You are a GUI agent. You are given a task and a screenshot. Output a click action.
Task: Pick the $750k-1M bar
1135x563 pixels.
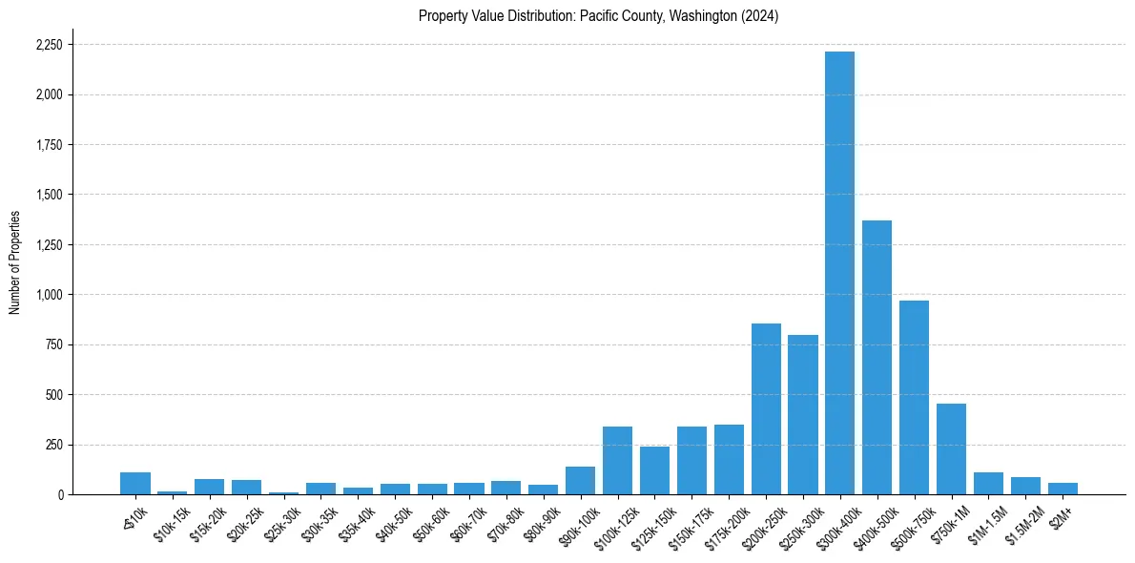(951, 448)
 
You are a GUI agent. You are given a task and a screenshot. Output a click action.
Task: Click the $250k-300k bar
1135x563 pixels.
(803, 414)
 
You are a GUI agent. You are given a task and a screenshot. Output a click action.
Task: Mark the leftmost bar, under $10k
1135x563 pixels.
(135, 483)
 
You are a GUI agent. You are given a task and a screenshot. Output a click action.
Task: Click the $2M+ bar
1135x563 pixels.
(1063, 489)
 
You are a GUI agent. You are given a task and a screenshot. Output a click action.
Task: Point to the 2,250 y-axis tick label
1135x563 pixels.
(49, 45)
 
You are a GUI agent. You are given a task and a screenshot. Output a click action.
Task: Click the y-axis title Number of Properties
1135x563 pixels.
(15, 262)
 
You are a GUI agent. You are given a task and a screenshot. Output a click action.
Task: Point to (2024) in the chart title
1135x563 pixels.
(761, 16)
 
